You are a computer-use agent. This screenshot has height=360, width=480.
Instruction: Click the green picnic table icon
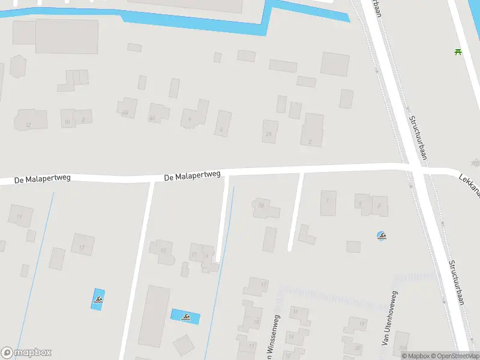458,51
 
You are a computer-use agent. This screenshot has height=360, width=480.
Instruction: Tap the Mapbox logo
26,353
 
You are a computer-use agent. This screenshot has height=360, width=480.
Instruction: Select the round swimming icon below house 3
382,236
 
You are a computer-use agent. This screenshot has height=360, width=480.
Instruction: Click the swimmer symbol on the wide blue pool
186,317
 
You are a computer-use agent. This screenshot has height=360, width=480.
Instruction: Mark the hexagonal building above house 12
18,66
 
